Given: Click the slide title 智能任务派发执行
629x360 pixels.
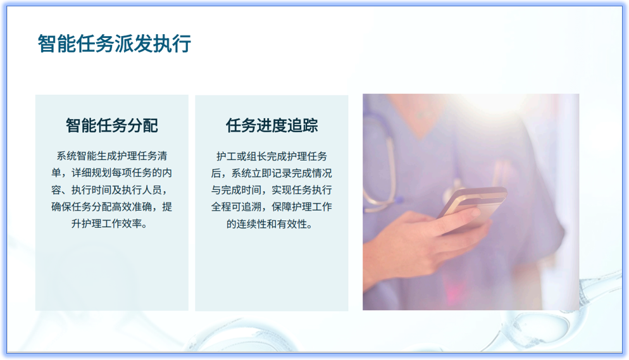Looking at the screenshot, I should (114, 44).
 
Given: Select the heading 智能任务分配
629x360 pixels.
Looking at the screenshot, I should (112, 125).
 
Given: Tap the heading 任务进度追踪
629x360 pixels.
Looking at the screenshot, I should (271, 125).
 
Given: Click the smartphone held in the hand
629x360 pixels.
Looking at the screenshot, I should (471, 206).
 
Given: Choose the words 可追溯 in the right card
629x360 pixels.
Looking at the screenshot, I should (244, 207).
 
